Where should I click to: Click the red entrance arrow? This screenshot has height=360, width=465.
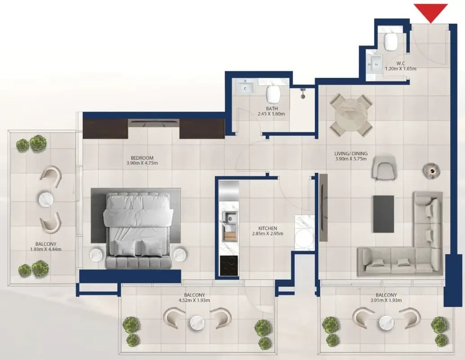[431, 12]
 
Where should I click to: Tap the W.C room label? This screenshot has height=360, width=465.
[401, 63]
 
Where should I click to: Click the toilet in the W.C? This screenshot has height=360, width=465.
[390, 42]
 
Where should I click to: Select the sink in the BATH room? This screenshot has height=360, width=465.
[245, 88]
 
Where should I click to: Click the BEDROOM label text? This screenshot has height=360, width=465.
[142, 158]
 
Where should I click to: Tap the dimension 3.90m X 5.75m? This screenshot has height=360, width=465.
[351, 159]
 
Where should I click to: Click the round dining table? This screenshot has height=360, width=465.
[352, 114]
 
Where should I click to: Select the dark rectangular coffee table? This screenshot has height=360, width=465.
[384, 214]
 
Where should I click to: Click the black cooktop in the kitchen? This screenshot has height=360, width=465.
[229, 265]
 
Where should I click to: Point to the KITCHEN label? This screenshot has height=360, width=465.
[268, 228]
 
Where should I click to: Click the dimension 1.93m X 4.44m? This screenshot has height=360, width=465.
[46, 249]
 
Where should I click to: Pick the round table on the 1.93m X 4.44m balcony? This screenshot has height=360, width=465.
[47, 199]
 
